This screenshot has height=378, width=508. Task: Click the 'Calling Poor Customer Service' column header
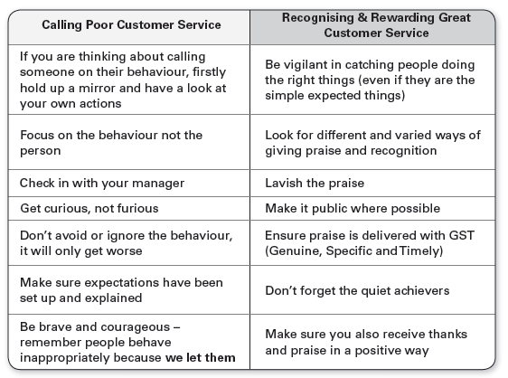point(131,25)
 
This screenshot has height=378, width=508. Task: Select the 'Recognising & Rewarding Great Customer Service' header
point(376,25)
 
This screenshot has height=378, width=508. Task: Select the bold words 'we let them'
point(201,357)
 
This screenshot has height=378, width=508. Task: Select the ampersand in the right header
point(362,17)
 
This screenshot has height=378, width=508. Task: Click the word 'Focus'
point(37,135)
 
